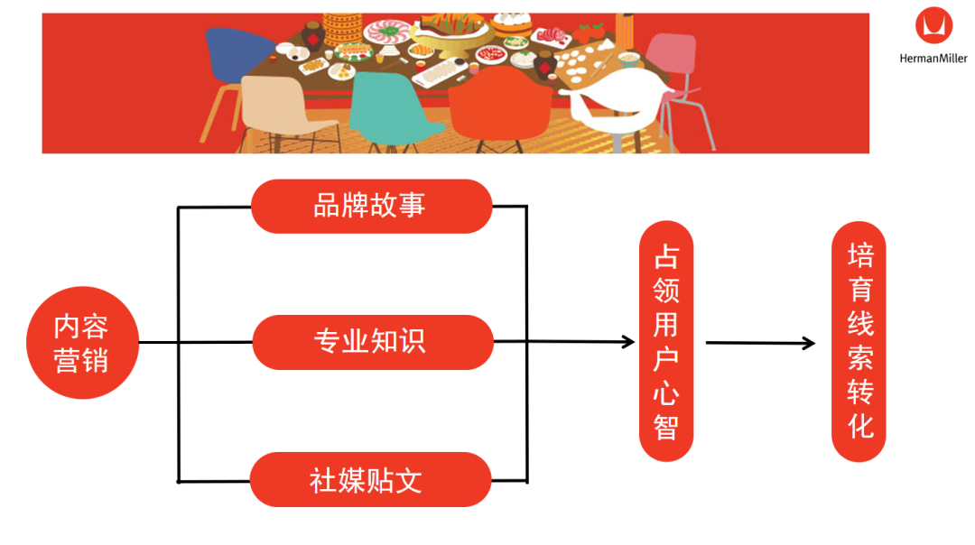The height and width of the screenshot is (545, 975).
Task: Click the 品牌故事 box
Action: (x=371, y=206)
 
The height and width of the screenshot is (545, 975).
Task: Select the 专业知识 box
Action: (x=372, y=342)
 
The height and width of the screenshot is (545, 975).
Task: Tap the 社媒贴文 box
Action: (x=370, y=479)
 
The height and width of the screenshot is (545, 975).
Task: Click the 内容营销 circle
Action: (x=82, y=343)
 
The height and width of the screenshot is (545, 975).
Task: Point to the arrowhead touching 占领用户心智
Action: (x=628, y=342)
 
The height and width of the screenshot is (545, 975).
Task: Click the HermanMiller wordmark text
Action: (x=933, y=59)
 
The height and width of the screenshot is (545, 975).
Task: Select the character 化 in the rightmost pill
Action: (x=859, y=425)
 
